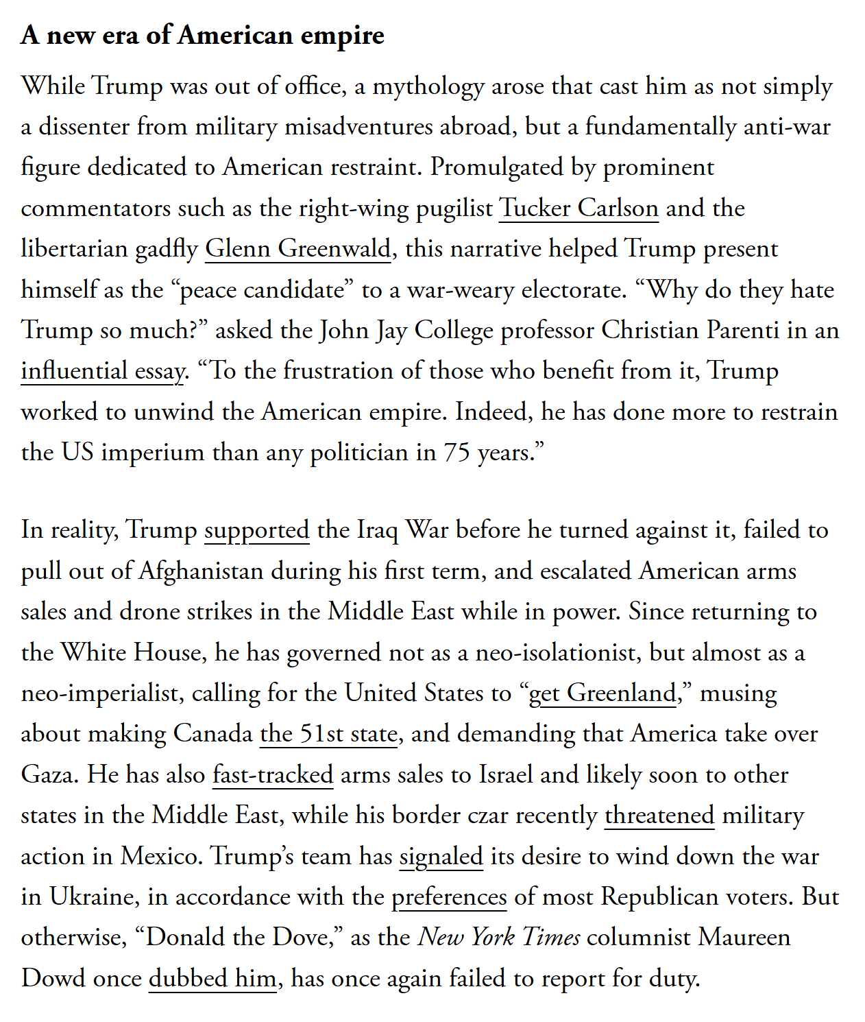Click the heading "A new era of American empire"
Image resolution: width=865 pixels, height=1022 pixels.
(202, 35)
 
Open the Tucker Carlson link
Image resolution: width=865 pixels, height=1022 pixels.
(578, 208)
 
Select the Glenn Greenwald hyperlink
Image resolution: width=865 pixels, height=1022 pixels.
(297, 248)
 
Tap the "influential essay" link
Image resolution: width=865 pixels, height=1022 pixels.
(103, 370)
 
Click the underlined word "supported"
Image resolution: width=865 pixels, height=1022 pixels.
(256, 530)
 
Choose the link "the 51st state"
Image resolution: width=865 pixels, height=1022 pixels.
(328, 733)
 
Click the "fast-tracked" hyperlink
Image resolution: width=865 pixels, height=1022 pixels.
(273, 774)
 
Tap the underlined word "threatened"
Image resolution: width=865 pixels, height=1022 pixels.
(659, 815)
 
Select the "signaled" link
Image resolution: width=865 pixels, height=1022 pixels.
(441, 856)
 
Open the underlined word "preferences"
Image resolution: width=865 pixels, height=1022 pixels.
(449, 896)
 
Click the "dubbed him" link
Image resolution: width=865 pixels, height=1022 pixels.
(212, 978)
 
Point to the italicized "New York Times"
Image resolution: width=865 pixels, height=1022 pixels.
(499, 937)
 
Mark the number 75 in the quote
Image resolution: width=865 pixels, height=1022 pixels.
(456, 452)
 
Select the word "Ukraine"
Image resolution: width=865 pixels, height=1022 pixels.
(91, 896)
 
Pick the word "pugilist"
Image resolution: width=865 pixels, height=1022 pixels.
(454, 208)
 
